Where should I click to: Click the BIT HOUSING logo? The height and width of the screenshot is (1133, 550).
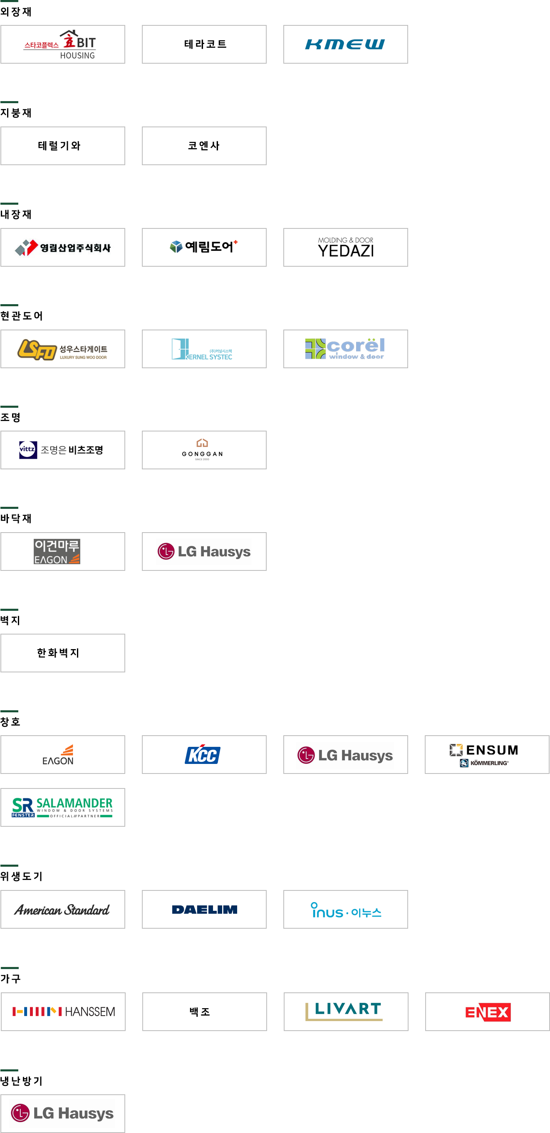(x=57, y=44)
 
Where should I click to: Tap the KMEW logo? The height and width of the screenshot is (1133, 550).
(x=346, y=43)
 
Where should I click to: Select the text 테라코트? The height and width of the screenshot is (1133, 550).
(x=204, y=44)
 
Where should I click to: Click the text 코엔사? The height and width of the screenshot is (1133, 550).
(x=203, y=146)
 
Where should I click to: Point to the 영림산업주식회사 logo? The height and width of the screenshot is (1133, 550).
(x=61, y=247)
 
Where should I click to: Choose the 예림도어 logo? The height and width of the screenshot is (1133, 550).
(x=203, y=247)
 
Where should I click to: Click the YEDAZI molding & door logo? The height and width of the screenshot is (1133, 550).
(x=344, y=247)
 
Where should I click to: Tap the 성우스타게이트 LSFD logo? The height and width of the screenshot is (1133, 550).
(x=62, y=349)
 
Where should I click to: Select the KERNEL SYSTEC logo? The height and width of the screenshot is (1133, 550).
(x=202, y=348)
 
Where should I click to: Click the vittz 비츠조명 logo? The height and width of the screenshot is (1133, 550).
(x=61, y=450)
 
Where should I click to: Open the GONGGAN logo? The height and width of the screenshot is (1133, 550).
(x=202, y=449)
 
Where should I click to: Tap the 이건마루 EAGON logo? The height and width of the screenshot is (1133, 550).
(x=57, y=552)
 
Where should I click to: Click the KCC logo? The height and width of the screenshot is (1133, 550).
(x=203, y=754)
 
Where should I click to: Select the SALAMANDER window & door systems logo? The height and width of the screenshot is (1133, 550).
(x=62, y=807)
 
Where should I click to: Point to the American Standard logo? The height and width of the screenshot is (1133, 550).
(x=62, y=909)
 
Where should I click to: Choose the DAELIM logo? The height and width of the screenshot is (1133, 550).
(x=203, y=909)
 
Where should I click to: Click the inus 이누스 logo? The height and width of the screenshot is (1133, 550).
(x=347, y=909)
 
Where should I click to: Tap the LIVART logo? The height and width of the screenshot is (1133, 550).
(x=343, y=1011)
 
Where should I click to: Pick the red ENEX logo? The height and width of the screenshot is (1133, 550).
(x=487, y=1012)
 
